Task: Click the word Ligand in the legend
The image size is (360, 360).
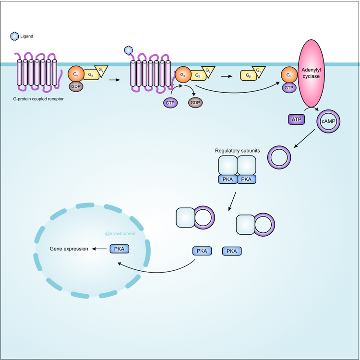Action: [x=27, y=36]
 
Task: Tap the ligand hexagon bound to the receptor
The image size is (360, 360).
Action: [x=128, y=50]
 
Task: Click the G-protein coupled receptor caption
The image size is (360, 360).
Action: [x=39, y=99]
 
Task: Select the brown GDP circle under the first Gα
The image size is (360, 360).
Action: [x=76, y=86]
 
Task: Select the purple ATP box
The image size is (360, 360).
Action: [x=296, y=119]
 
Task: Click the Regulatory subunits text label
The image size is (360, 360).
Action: [x=237, y=151]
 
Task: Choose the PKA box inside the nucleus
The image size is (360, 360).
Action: [x=120, y=249]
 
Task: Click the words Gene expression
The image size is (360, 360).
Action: [x=69, y=249]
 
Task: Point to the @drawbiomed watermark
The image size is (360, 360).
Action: [x=119, y=234]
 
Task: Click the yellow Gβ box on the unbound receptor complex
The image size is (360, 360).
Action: [x=91, y=75]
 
